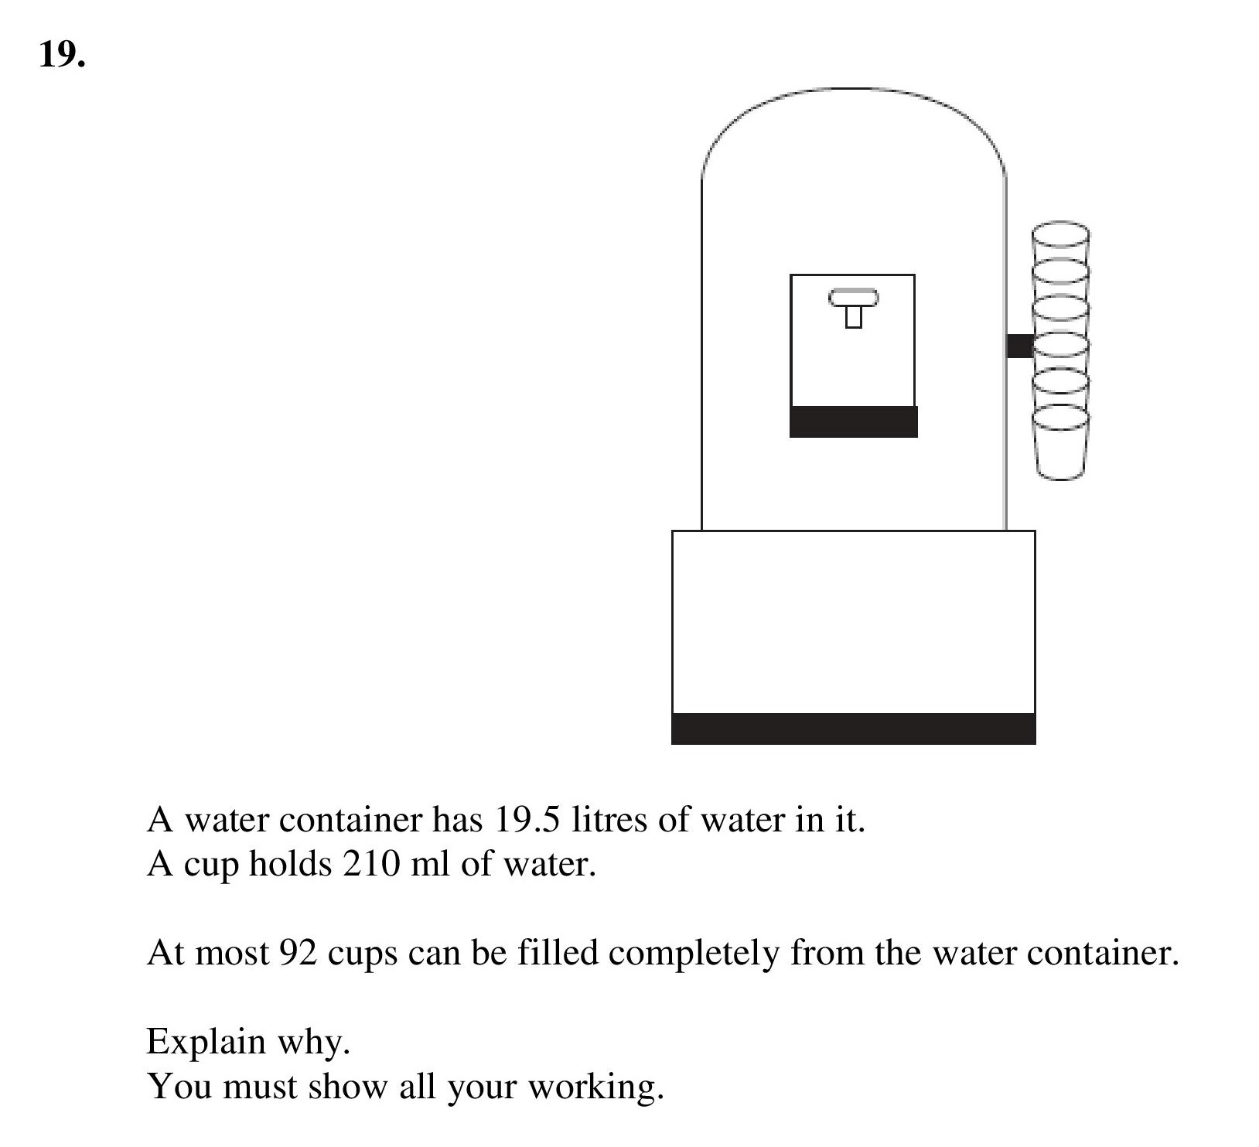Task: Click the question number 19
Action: (x=61, y=54)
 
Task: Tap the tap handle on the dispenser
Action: (x=853, y=298)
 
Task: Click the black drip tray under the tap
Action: (x=853, y=422)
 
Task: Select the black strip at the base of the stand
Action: (x=853, y=729)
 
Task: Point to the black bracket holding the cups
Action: (x=1020, y=346)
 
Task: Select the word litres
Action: (x=610, y=820)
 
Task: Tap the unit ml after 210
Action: (x=429, y=864)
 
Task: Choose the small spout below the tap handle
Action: (x=853, y=317)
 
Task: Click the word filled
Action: (x=558, y=953)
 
